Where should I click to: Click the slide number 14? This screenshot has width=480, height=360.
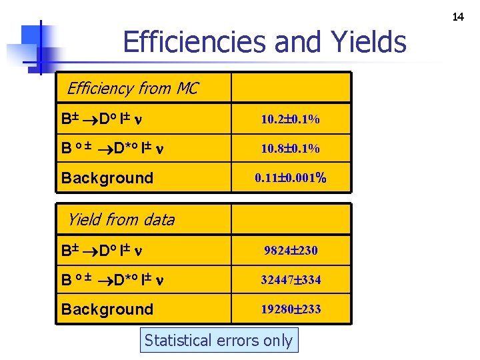click(x=458, y=17)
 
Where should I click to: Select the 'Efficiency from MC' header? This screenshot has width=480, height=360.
click(x=132, y=88)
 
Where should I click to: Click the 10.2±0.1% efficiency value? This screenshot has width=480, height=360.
click(x=290, y=120)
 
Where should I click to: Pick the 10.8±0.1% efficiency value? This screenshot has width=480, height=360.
click(x=290, y=149)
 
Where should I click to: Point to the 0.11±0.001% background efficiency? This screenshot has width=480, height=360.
click(x=290, y=178)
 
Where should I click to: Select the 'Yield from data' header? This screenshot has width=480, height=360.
click(x=121, y=219)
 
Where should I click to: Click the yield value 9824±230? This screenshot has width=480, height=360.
click(x=291, y=251)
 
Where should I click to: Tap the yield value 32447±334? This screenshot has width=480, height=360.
click(x=291, y=280)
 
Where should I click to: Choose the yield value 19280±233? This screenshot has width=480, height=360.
click(x=291, y=309)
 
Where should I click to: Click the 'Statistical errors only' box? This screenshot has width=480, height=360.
click(x=219, y=341)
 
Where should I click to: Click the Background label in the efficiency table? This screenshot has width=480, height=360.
click(x=107, y=178)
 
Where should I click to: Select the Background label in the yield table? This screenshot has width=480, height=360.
click(x=107, y=309)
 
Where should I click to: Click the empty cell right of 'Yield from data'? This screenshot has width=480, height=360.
click(x=291, y=219)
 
